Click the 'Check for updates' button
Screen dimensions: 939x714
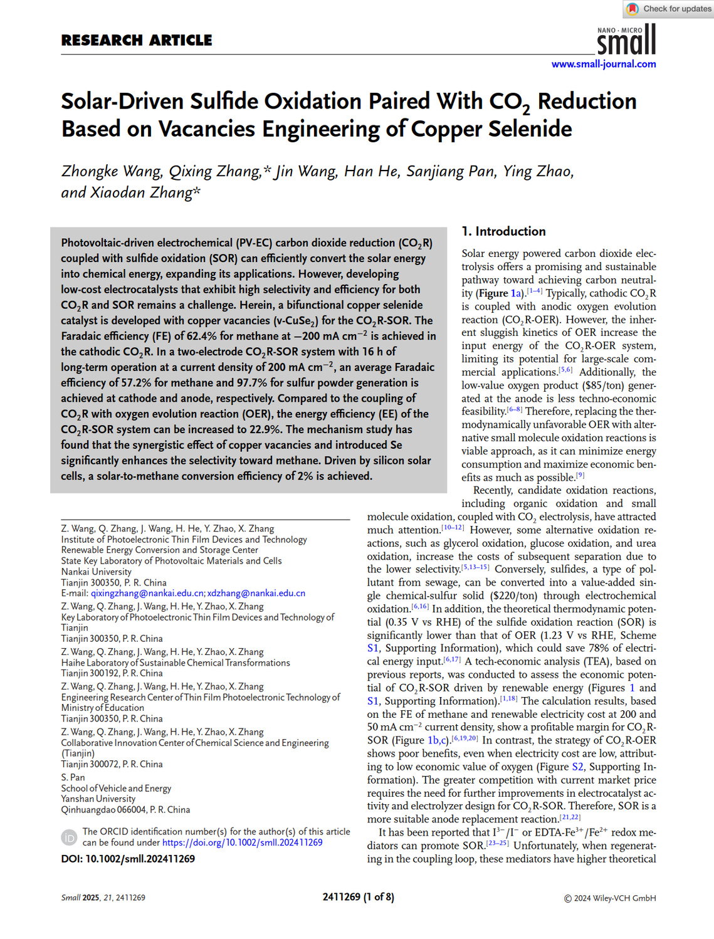coord(668,9)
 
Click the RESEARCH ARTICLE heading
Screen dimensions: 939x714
coord(137,40)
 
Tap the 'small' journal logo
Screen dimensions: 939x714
coord(626,41)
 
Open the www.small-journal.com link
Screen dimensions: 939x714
coord(604,64)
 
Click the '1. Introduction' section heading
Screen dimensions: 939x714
coord(503,231)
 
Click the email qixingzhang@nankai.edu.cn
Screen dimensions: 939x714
coord(147,593)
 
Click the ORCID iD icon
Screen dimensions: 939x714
coord(69,837)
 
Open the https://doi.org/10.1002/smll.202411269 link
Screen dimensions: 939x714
coord(242,842)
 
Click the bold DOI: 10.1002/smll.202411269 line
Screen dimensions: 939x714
coord(128,859)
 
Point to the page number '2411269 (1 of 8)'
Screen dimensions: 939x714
coord(358,897)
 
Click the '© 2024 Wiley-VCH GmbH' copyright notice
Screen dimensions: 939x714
coord(609,898)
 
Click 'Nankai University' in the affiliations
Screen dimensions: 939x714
coord(97,572)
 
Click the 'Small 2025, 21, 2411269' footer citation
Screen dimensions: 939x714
coord(103,898)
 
